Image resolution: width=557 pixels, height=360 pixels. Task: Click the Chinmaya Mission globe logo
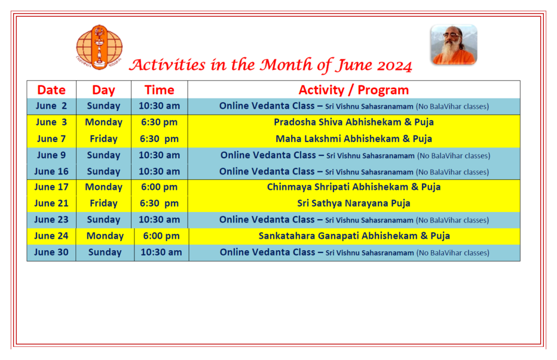click(x=99, y=47)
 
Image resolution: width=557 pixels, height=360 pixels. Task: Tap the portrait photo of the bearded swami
click(x=454, y=45)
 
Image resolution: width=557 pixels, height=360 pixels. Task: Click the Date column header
click(x=52, y=90)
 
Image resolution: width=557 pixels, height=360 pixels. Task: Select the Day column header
click(x=103, y=90)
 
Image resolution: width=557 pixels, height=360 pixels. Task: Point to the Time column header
click(x=159, y=90)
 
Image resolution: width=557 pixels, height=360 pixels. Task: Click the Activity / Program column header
click(x=354, y=90)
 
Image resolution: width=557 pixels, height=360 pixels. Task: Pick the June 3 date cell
click(x=52, y=122)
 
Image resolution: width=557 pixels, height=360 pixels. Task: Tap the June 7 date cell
click(x=52, y=139)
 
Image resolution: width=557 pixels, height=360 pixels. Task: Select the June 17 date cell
click(x=52, y=187)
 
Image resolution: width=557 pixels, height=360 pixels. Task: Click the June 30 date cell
click(x=52, y=252)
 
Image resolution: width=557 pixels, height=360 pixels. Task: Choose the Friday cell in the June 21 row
click(x=103, y=203)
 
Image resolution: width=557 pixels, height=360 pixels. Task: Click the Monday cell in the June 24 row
click(x=105, y=236)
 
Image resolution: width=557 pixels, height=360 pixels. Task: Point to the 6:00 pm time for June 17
click(x=159, y=187)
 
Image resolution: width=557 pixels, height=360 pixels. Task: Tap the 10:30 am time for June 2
click(x=159, y=106)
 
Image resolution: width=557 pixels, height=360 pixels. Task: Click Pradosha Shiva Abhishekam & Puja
click(x=354, y=122)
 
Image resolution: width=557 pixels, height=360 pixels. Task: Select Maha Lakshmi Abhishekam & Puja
click(x=354, y=139)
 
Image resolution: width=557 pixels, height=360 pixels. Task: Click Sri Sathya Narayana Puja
click(x=354, y=203)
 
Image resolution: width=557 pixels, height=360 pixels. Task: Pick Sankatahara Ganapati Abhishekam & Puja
click(x=354, y=236)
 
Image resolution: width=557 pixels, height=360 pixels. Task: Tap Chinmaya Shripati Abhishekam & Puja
click(x=354, y=187)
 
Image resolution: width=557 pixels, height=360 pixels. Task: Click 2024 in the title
click(x=394, y=66)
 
